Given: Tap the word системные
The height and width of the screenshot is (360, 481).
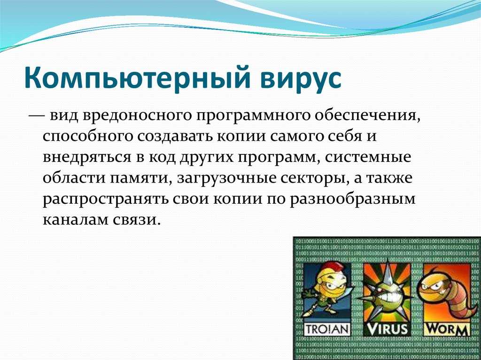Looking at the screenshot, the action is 368,157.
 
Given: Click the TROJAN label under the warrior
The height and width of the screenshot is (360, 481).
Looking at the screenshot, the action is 327,329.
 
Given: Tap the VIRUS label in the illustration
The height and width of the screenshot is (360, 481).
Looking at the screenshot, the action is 387,329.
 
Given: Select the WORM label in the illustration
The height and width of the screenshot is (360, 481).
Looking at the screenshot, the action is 446,329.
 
